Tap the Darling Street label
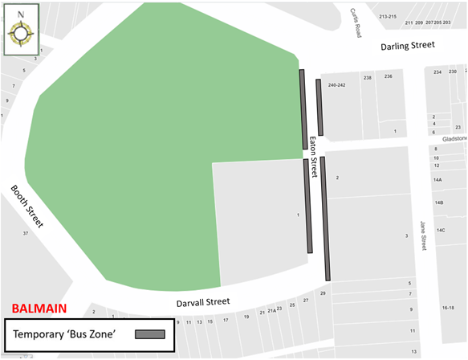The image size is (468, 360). point(408,45)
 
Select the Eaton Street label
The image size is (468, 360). point(314,157)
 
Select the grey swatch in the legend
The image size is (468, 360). point(150,334)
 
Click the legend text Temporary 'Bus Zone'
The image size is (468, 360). point(66,334)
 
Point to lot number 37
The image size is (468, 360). point(26,233)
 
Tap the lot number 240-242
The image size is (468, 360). point(336,84)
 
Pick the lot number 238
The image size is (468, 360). point(367,78)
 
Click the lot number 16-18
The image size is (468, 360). point(448,308)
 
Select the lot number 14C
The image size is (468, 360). point(440,230)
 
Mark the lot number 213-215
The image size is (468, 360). point(388,16)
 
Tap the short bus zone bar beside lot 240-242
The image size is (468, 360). point(319,107)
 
